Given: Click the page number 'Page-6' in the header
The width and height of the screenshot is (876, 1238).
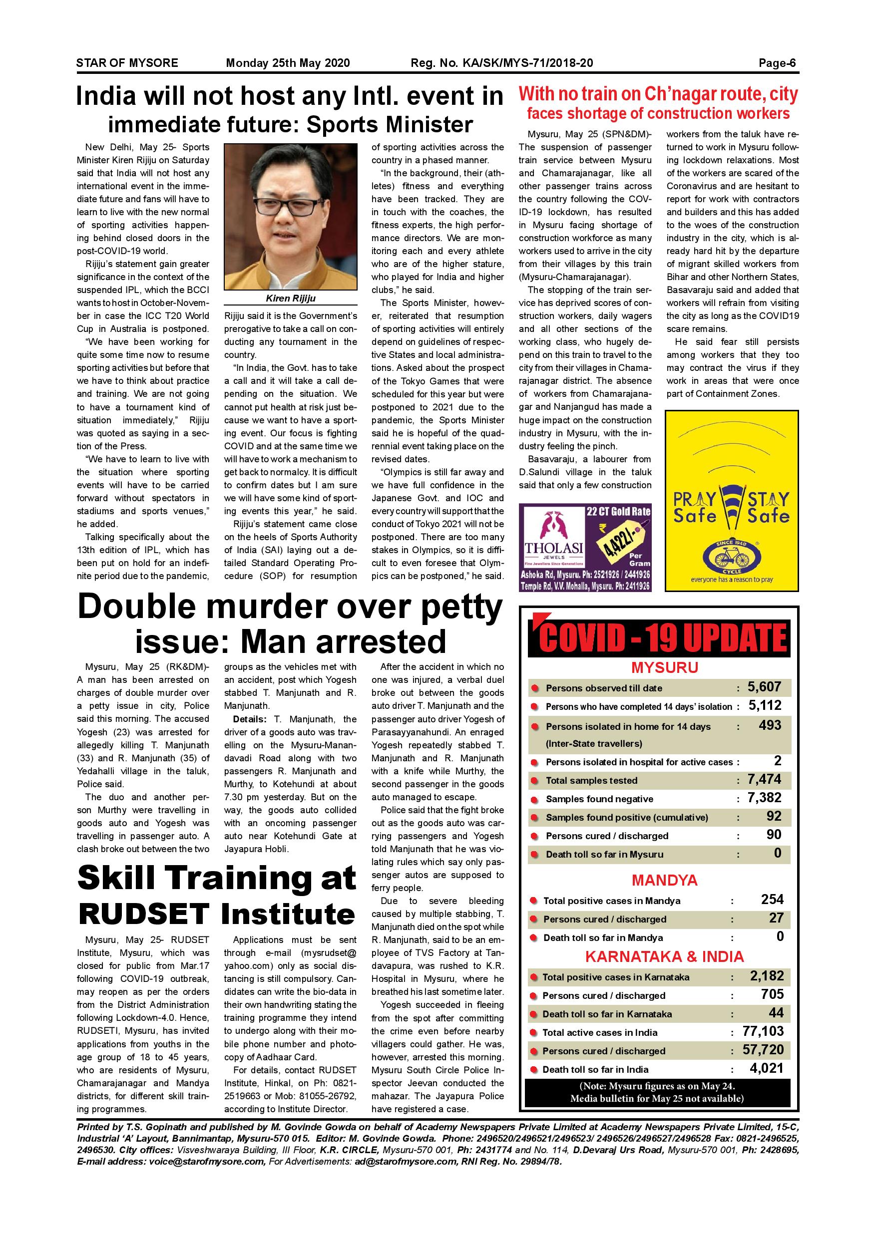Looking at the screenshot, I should [777, 63].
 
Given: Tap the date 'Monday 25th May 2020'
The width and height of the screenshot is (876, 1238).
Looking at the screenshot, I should [288, 63].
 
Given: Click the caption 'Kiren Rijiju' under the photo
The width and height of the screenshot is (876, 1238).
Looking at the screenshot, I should [291, 299].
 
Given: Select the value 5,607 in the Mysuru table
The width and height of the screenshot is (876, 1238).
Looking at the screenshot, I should [764, 687].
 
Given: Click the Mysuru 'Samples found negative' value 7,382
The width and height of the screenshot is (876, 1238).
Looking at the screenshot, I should [764, 798].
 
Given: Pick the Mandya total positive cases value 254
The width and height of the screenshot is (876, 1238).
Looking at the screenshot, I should [772, 900].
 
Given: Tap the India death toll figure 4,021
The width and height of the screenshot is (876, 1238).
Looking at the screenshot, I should [766, 1068].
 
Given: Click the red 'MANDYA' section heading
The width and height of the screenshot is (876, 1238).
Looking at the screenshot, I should [665, 881].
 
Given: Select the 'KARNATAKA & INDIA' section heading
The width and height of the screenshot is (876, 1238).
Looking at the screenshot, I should [665, 957].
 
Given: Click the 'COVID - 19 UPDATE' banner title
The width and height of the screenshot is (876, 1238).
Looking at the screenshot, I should [662, 639].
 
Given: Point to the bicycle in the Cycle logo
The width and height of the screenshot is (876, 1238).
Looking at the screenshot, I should [732, 557].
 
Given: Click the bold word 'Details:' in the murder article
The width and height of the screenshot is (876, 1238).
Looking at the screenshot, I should [249, 719].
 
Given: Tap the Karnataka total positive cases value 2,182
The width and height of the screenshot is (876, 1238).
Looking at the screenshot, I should [767, 976].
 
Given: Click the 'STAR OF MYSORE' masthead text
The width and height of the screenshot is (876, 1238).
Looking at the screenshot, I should [127, 63].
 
